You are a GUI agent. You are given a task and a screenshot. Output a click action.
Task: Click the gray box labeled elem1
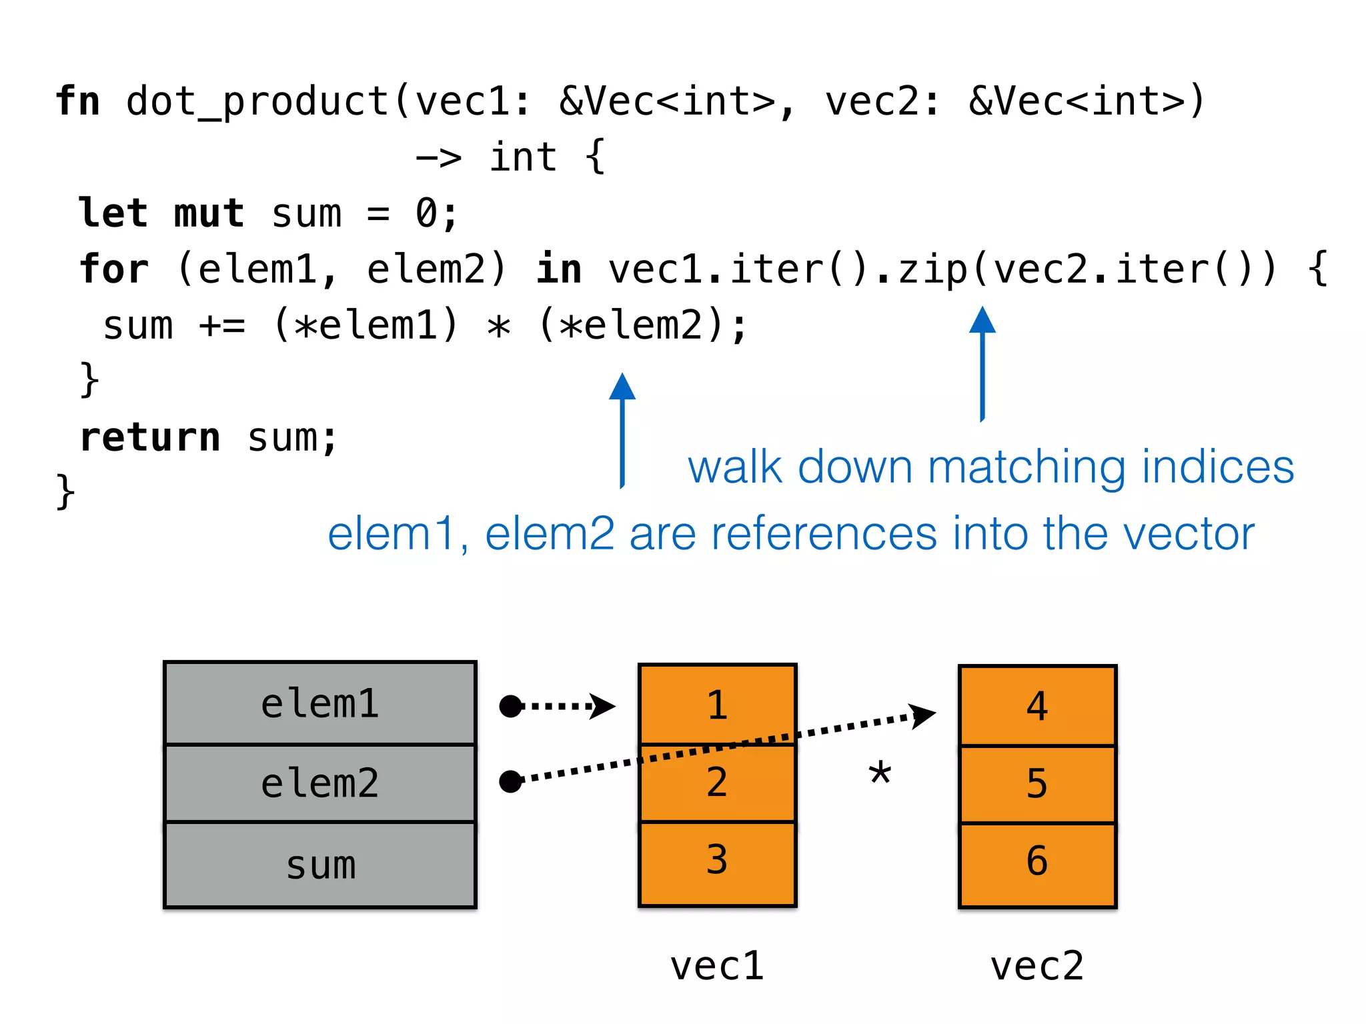coord(320,704)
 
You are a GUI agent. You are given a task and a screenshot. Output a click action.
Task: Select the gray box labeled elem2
coord(320,783)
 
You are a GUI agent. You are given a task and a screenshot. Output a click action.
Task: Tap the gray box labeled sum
coord(320,865)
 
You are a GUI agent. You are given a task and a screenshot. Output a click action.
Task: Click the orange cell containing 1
coord(717,704)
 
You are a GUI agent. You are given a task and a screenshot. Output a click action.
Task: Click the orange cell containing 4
coord(1037,705)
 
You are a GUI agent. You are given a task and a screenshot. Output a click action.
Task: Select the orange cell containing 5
coord(1037,784)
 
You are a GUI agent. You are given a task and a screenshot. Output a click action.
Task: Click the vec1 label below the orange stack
coord(717,966)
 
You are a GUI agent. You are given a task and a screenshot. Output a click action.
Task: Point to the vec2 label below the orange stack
coord(1037,966)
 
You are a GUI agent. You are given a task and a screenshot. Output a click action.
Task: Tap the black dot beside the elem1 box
coord(511,706)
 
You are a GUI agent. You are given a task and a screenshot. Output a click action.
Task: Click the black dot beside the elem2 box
coord(511,781)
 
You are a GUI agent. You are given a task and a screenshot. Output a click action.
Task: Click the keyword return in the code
coord(150,438)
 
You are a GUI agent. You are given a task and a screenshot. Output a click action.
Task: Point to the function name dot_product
coord(257,101)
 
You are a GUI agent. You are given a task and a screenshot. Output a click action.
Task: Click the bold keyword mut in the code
coord(209,213)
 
